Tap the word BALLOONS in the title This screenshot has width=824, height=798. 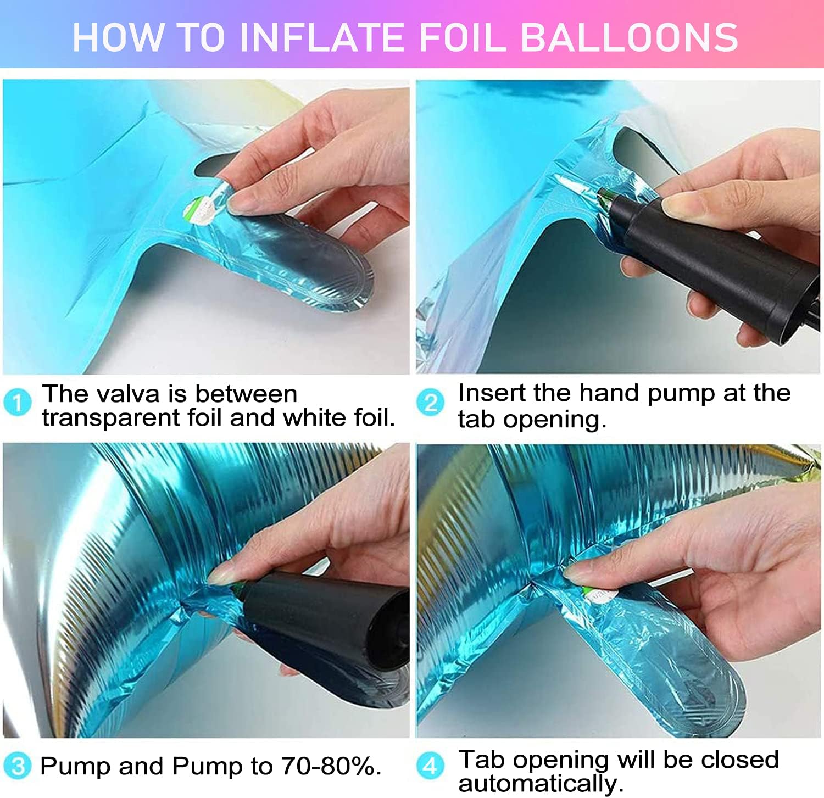pyautogui.click(x=629, y=37)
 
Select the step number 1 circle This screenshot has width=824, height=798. pyautogui.click(x=17, y=403)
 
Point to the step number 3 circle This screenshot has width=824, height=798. pyautogui.click(x=17, y=766)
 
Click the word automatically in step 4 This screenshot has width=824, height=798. pyautogui.click(x=541, y=783)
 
